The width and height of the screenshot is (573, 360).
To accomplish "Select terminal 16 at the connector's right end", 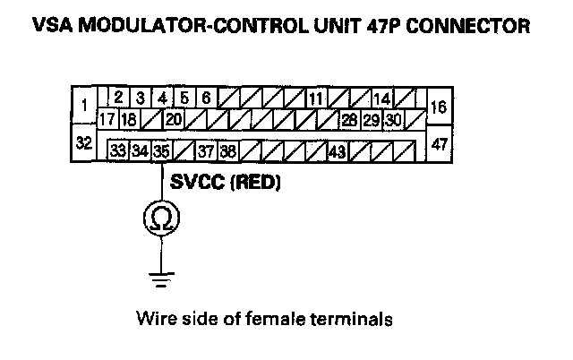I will click(x=439, y=106).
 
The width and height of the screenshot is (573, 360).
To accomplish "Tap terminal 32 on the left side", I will click(x=83, y=143).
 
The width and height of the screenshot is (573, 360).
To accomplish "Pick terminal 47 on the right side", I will click(x=439, y=143).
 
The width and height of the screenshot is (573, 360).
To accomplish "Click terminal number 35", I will click(x=160, y=150).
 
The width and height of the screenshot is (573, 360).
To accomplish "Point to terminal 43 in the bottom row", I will click(x=338, y=150).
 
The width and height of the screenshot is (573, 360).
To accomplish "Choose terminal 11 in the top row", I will click(x=315, y=98).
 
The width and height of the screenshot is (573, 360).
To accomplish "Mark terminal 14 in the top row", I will click(x=381, y=98).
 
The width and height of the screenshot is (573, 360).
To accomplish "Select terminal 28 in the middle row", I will click(x=349, y=118).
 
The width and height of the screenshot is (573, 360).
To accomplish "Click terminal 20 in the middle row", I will click(x=174, y=118).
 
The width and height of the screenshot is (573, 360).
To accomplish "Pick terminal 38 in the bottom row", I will click(x=227, y=150).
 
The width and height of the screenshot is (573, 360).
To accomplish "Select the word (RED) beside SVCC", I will click(x=258, y=183).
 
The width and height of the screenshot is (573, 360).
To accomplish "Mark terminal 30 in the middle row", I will click(x=393, y=118).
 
